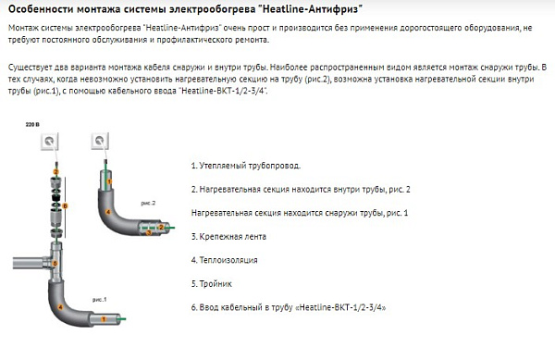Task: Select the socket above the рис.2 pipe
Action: (100, 143)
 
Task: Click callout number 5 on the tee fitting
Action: (55, 263)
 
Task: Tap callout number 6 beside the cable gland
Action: (55, 173)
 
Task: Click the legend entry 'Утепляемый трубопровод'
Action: (245, 166)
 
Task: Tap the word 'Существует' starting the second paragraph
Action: (29, 70)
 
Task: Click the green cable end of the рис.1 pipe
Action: (125, 319)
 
